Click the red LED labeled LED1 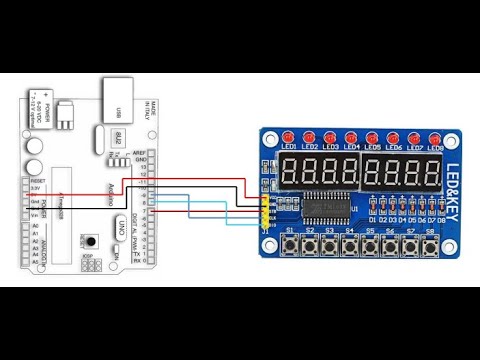point(289,136)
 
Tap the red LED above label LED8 point(436,136)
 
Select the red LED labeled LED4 point(351,136)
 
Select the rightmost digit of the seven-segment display point(433,172)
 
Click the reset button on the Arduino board point(90,241)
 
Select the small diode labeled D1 point(372,209)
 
